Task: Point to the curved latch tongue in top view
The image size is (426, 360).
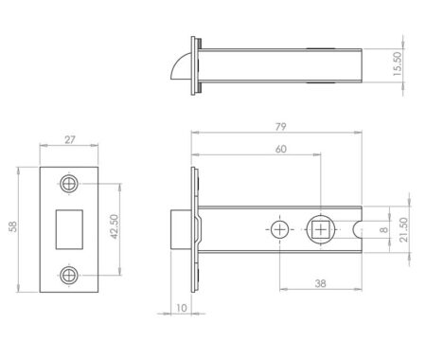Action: (x=184, y=68)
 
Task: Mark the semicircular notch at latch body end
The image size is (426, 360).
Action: (x=359, y=228)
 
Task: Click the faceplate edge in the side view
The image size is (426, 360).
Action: (x=194, y=228)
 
